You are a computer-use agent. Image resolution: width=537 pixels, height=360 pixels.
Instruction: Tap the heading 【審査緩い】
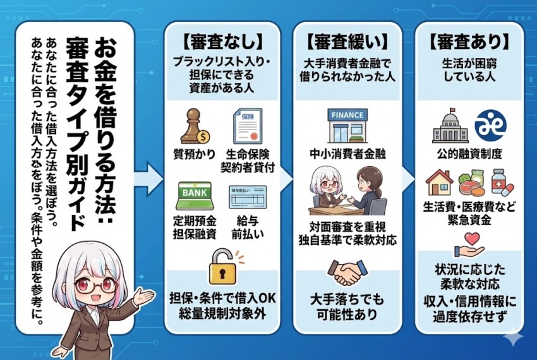[347, 42]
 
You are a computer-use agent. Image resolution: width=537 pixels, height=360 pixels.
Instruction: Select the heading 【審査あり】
[468, 42]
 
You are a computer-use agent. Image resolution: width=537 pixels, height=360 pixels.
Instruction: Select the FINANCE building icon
[347, 126]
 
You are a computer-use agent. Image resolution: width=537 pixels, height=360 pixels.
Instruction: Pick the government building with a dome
[450, 126]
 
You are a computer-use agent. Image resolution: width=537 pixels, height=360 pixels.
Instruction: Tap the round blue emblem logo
[490, 124]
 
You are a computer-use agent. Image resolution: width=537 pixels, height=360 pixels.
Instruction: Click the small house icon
[440, 181]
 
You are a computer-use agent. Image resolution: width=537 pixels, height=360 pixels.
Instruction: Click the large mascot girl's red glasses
[91, 285]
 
